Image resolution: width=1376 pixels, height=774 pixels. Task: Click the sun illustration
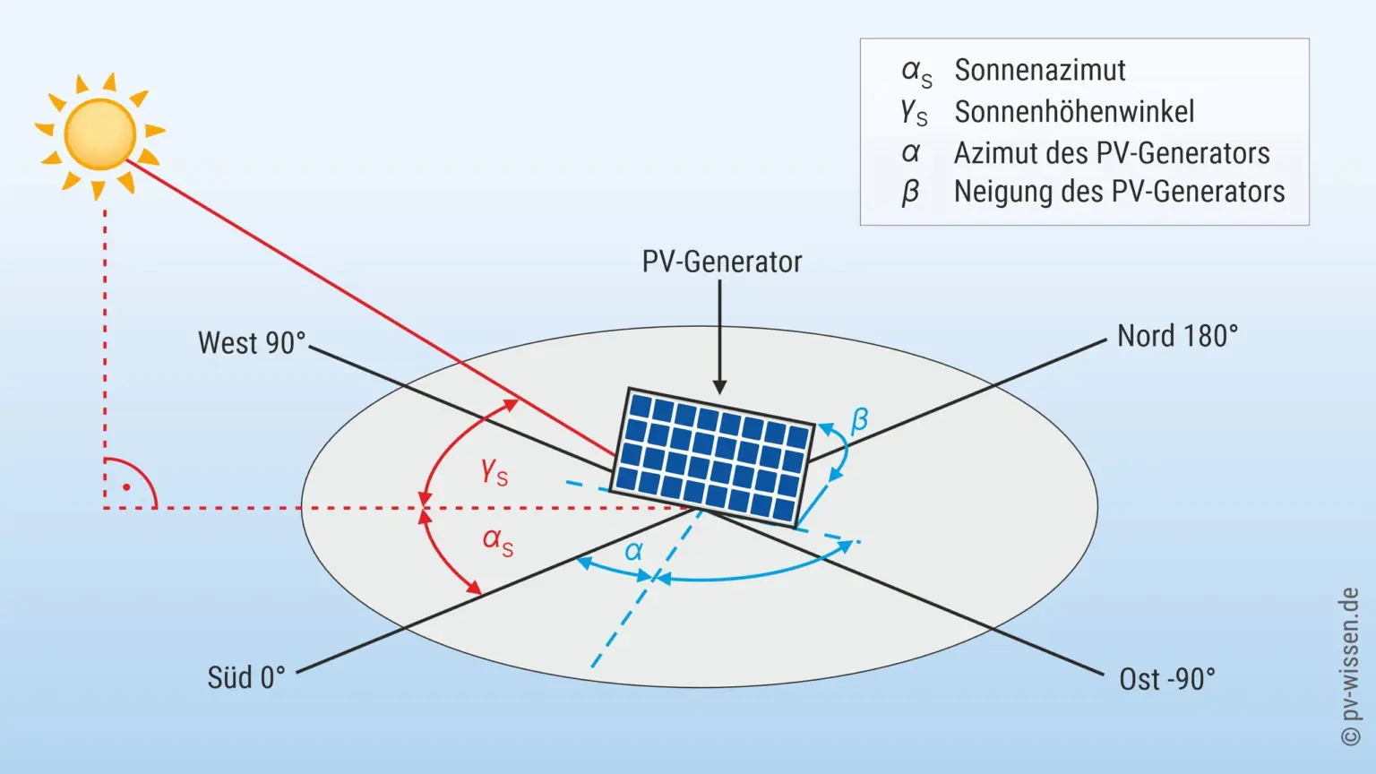click(99, 134)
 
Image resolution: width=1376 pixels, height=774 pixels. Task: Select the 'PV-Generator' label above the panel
click(721, 262)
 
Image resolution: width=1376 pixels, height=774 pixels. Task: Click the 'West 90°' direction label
click(252, 343)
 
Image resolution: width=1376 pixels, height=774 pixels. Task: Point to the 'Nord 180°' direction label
click(1177, 336)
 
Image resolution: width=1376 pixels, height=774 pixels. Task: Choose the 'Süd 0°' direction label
click(246, 677)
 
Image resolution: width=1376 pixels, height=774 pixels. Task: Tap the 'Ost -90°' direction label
click(1167, 679)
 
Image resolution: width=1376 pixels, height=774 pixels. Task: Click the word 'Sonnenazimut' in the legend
click(1039, 70)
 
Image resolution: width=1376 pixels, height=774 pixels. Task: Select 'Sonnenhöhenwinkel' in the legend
click(1074, 112)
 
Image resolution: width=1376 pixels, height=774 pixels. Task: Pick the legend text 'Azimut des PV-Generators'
click(1111, 153)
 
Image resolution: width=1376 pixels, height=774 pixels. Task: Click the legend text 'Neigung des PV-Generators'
click(1119, 192)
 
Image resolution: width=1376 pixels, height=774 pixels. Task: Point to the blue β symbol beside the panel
click(859, 419)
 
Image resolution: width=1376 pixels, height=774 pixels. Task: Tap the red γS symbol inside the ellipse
click(494, 471)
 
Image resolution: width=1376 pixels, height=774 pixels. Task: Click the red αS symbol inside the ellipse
click(498, 540)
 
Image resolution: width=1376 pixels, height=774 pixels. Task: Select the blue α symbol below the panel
click(634, 551)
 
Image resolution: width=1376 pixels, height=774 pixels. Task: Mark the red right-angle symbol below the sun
click(128, 486)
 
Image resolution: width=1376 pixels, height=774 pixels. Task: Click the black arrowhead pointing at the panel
click(719, 386)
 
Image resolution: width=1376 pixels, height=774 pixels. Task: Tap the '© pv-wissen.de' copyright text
click(1350, 666)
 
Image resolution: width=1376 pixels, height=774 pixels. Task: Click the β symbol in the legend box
click(910, 192)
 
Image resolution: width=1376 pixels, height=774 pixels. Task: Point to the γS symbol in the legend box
click(915, 113)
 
